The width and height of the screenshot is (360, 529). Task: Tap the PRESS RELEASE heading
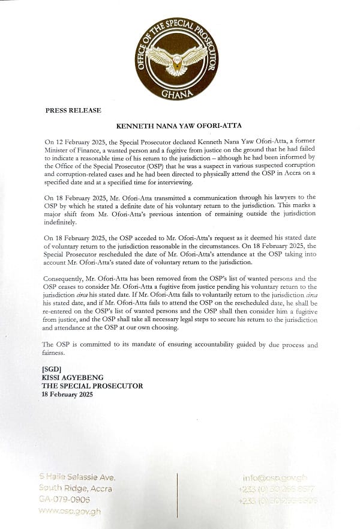pos(73,111)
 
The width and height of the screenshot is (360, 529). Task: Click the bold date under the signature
pos(71,391)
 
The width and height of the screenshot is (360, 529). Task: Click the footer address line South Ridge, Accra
pos(74,488)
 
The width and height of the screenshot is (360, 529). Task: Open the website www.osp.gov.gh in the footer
pos(70,511)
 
